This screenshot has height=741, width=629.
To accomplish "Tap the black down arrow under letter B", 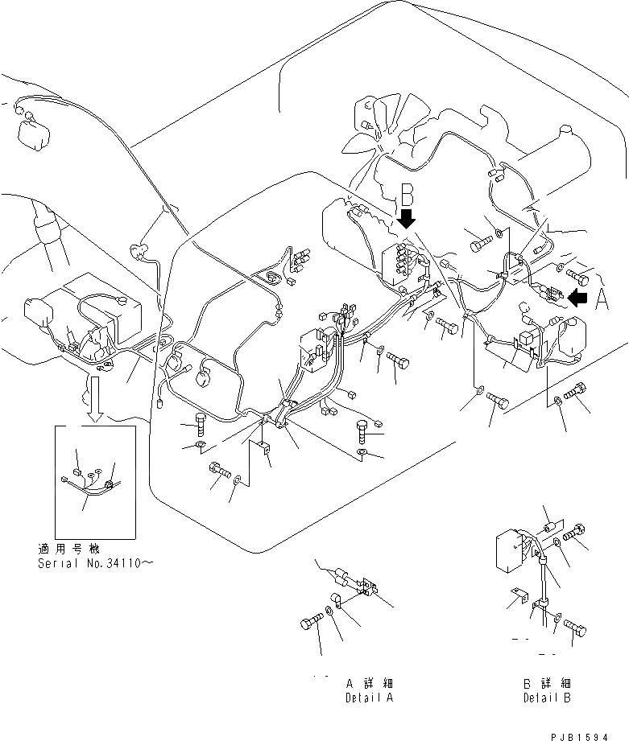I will [407, 218].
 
